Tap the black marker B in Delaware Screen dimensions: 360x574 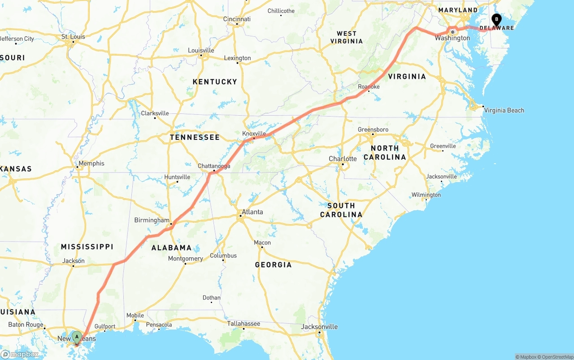496,19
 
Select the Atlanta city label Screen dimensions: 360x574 252,212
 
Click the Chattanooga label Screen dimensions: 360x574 214,166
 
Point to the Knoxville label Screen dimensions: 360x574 254,134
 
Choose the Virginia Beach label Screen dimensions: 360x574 504,110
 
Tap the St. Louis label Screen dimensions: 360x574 73,36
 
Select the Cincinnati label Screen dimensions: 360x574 237,19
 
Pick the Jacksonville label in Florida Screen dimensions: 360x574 319,326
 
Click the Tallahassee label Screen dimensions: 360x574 244,323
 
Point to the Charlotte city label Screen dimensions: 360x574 343,159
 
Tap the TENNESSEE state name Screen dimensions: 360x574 195,137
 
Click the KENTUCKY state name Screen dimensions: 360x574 214,82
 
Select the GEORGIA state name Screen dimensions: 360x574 273,265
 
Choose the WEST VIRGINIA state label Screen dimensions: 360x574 347,37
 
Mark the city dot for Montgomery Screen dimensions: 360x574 185,264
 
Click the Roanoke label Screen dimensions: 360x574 369,87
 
